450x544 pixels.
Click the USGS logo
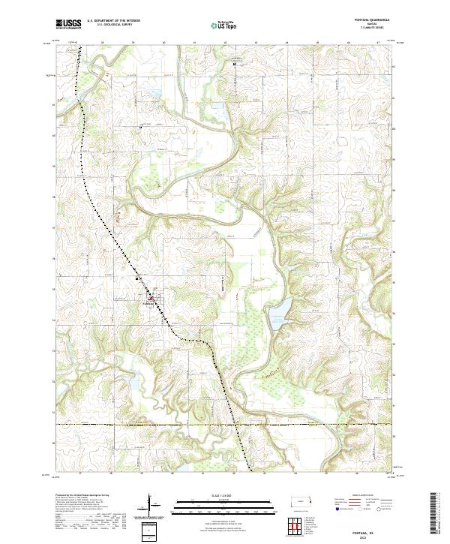[x=68, y=24]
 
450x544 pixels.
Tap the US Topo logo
[x=218, y=24]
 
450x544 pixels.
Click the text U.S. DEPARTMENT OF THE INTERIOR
[x=112, y=20]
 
